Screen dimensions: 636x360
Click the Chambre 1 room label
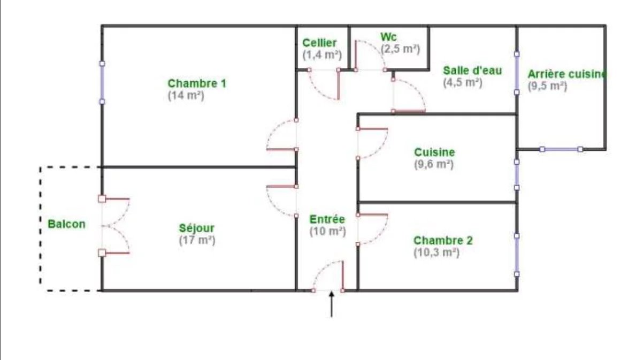[197, 83]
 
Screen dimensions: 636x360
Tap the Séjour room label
[197, 228]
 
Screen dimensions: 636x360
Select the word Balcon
[66, 224]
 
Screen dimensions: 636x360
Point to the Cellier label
[320, 43]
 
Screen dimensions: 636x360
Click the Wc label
[388, 37]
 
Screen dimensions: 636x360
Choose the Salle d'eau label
[472, 71]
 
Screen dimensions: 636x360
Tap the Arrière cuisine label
[566, 74]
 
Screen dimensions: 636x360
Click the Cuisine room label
[434, 152]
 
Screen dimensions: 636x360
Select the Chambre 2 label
[443, 240]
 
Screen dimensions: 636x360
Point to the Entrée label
[327, 219]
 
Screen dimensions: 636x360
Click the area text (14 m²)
[186, 96]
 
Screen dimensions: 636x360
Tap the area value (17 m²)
[197, 240]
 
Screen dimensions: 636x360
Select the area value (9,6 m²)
[434, 165]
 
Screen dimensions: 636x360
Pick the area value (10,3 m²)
[436, 252]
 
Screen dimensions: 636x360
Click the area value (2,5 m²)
[400, 49]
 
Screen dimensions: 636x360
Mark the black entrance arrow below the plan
[332, 304]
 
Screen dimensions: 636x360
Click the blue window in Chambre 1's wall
[102, 83]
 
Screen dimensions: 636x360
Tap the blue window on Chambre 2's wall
[517, 255]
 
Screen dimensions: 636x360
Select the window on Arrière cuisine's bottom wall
[561, 149]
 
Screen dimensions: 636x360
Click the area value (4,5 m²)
[462, 83]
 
